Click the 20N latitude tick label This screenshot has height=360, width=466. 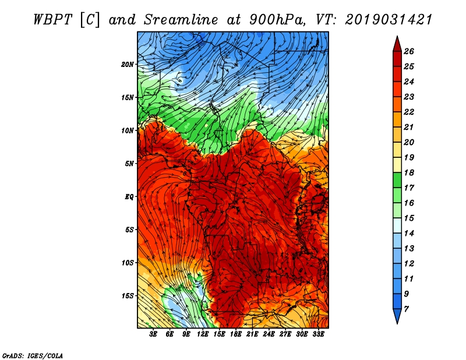[x=128, y=64]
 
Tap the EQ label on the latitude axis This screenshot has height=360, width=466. [x=129, y=196]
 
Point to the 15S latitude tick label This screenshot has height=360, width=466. [x=128, y=295]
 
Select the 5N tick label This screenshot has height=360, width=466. [x=129, y=163]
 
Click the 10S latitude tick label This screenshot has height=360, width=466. [x=128, y=262]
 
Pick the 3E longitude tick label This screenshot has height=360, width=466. [x=154, y=335]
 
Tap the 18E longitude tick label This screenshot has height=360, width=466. [x=236, y=335]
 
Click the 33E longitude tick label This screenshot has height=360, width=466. [x=319, y=335]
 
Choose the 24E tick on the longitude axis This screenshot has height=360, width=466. [x=269, y=335]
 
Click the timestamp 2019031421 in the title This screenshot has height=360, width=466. [x=389, y=19]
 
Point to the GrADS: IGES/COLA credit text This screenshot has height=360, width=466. [x=32, y=355]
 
